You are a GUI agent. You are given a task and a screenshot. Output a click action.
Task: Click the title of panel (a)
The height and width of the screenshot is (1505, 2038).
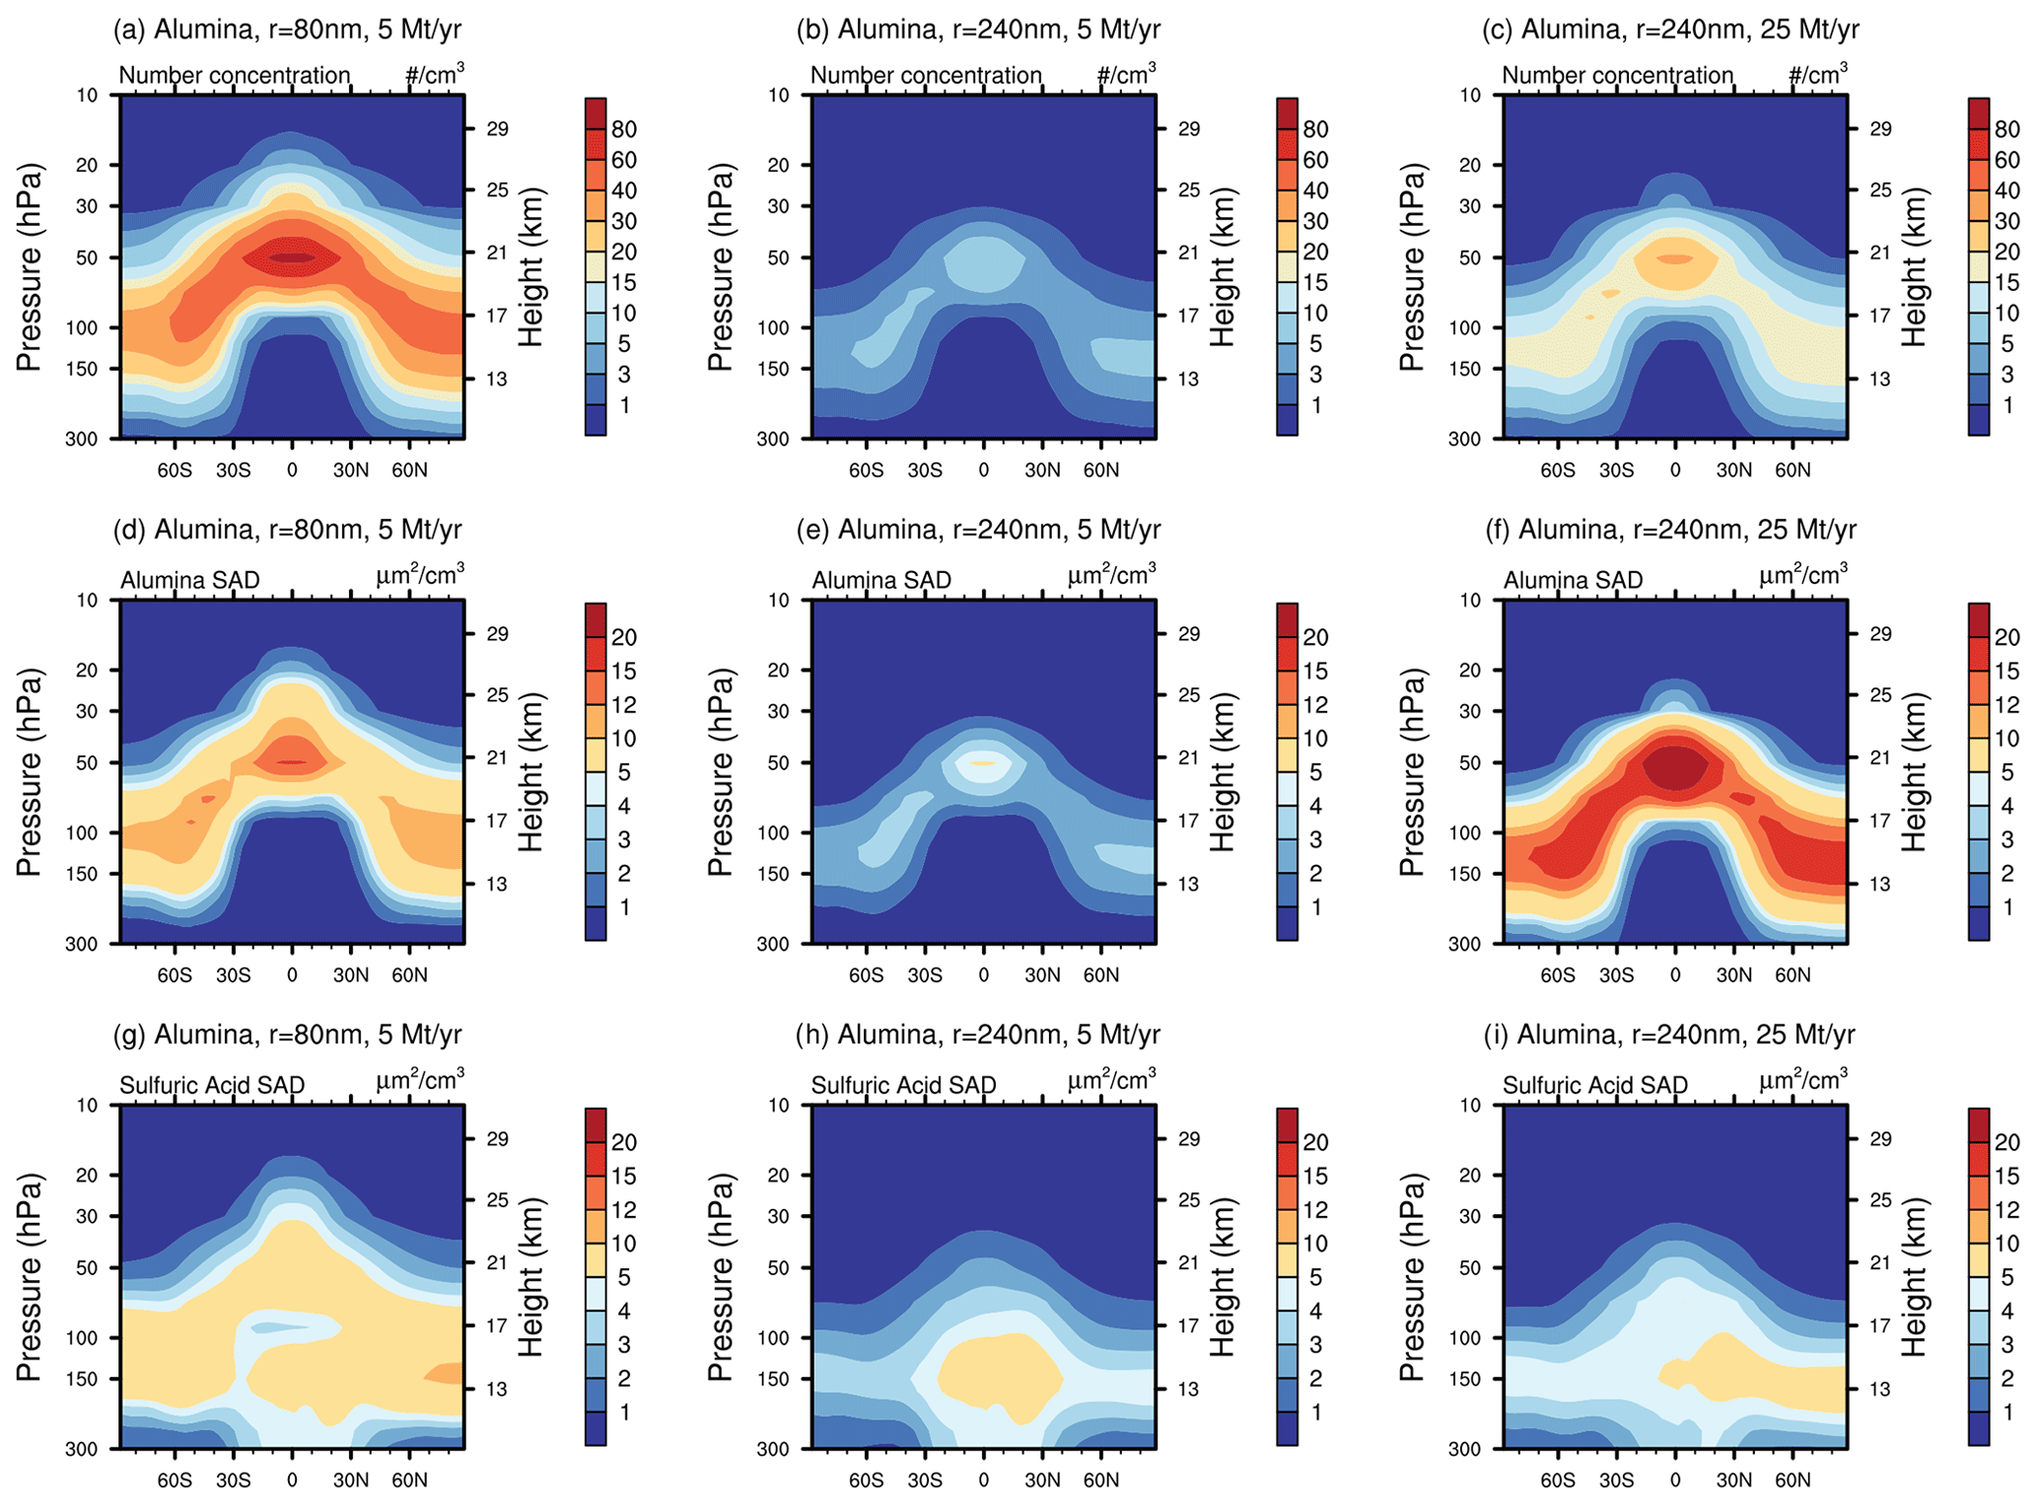pyautogui.click(x=288, y=30)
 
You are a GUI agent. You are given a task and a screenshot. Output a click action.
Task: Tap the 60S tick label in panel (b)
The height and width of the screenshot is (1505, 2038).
pyautogui.click(x=866, y=470)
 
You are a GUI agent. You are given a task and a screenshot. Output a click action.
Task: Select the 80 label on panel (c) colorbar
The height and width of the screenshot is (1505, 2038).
pyautogui.click(x=2006, y=129)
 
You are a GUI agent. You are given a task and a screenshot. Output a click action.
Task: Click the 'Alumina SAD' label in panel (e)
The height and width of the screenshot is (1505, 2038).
pyautogui.click(x=881, y=580)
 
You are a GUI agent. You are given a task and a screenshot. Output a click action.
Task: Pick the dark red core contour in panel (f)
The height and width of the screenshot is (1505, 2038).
pyautogui.click(x=1675, y=766)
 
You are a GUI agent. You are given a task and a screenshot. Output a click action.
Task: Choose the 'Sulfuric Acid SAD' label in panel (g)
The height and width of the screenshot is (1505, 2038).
pyautogui.click(x=212, y=1085)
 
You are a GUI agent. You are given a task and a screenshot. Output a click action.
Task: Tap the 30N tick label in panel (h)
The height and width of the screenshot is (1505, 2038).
pyautogui.click(x=1041, y=1480)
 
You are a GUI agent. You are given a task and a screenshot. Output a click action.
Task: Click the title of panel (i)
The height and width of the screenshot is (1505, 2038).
pyautogui.click(x=1669, y=1035)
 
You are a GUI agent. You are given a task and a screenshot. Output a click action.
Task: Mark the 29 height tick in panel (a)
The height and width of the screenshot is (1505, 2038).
pyautogui.click(x=497, y=129)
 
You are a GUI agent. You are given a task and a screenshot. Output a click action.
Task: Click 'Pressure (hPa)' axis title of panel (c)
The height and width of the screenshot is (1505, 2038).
pyautogui.click(x=1412, y=267)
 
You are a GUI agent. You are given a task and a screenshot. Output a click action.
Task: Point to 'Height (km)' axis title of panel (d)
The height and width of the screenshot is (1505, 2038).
pyautogui.click(x=531, y=772)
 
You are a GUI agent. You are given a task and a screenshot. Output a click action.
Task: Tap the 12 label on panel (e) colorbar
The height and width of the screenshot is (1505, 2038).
pyautogui.click(x=1315, y=705)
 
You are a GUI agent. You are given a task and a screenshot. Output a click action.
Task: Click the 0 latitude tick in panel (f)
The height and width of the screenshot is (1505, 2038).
pyautogui.click(x=1675, y=975)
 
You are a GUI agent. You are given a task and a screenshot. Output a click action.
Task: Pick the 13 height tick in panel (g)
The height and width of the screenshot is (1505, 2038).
pyautogui.click(x=497, y=1389)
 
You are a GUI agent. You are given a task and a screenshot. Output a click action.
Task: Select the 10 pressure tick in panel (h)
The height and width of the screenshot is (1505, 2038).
pyautogui.click(x=780, y=1106)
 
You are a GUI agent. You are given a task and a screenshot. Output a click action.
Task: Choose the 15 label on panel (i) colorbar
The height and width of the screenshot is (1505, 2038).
pyautogui.click(x=2006, y=1177)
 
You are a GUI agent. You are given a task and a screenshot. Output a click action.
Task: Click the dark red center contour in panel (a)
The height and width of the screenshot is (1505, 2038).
pyautogui.click(x=293, y=257)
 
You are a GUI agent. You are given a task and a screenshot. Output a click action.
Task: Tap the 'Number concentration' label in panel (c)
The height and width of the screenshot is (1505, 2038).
pyautogui.click(x=1617, y=75)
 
